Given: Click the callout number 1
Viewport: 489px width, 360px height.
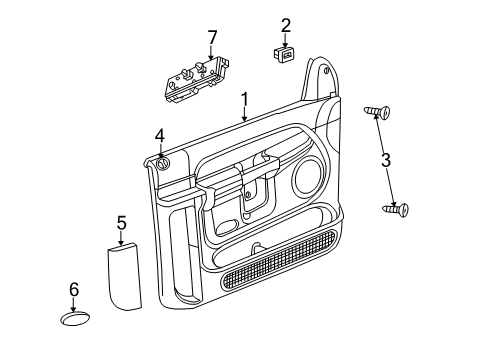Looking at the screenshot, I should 244,100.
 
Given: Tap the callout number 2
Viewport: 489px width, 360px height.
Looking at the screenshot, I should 285,25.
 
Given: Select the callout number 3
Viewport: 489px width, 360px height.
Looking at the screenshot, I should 385,160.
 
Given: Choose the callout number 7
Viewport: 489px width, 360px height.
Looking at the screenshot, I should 211,37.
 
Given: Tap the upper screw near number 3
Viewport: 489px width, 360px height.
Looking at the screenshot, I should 377,111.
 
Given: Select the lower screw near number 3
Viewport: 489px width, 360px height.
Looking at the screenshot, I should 396,209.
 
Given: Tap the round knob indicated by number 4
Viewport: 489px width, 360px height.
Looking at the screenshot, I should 163,164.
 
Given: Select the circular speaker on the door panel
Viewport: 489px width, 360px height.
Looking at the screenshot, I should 306,181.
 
